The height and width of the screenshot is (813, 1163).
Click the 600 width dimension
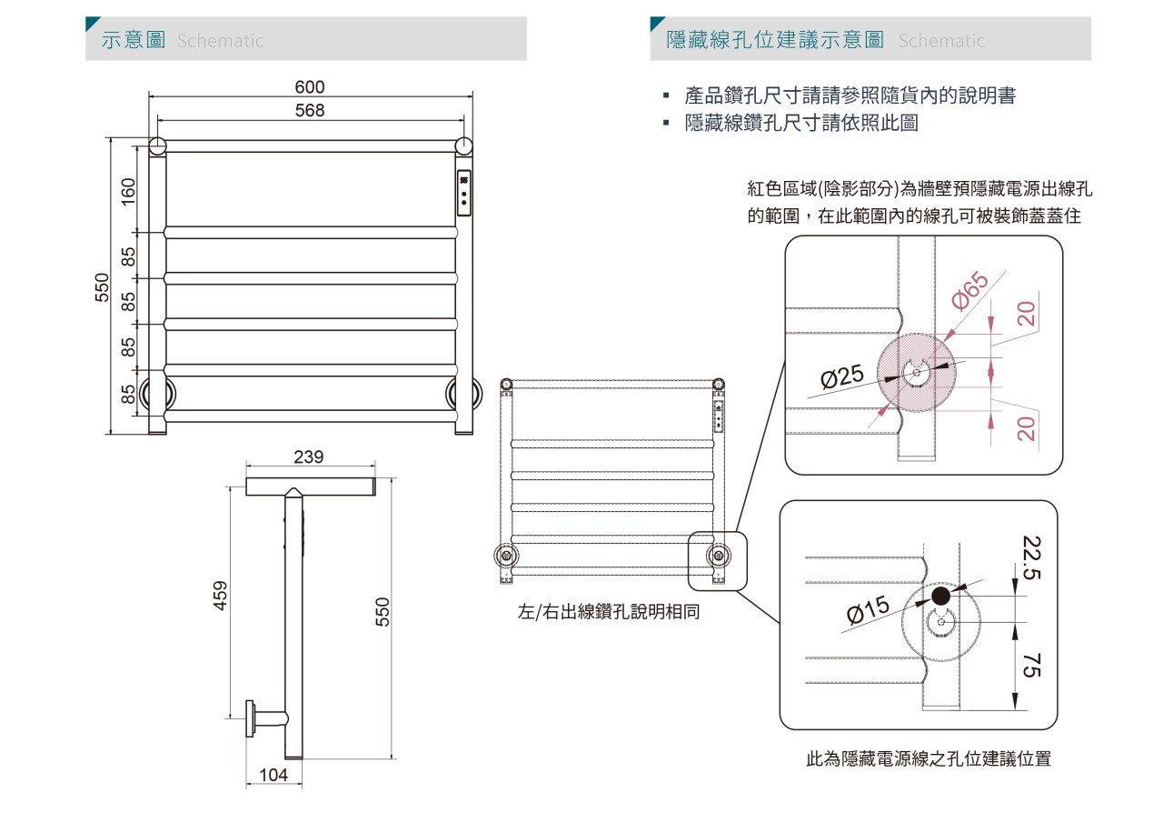pyautogui.click(x=310, y=86)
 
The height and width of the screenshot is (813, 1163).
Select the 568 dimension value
pyautogui.click(x=310, y=110)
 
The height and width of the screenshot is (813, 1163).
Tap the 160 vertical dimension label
pyautogui.click(x=128, y=192)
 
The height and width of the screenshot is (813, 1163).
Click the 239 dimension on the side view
pyautogui.click(x=308, y=457)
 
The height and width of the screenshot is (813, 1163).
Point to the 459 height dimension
pyautogui.click(x=220, y=596)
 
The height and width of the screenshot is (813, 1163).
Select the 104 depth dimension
pyautogui.click(x=273, y=775)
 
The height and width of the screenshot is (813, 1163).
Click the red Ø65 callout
pyautogui.click(x=969, y=291)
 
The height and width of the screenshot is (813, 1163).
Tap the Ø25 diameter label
pyautogui.click(x=842, y=376)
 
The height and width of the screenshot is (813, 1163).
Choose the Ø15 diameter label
pyautogui.click(x=868, y=609)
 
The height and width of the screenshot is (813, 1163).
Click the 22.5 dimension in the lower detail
pyautogui.click(x=1031, y=557)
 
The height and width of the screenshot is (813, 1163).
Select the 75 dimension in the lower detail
pyautogui.click(x=1031, y=666)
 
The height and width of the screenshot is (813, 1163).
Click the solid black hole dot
pyautogui.click(x=940, y=597)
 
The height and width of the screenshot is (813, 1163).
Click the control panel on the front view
pyautogui.click(x=463, y=193)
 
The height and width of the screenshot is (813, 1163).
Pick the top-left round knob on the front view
pyautogui.click(x=157, y=146)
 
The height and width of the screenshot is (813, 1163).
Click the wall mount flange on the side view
pyautogui.click(x=250, y=719)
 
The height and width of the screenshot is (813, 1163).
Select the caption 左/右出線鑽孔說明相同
pyautogui.click(x=609, y=611)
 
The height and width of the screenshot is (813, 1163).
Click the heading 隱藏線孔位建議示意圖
pyautogui.click(x=775, y=39)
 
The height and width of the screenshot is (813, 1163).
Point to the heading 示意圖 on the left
pyautogui.click(x=134, y=39)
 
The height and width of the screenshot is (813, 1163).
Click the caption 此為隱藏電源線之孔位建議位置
pyautogui.click(x=929, y=758)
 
